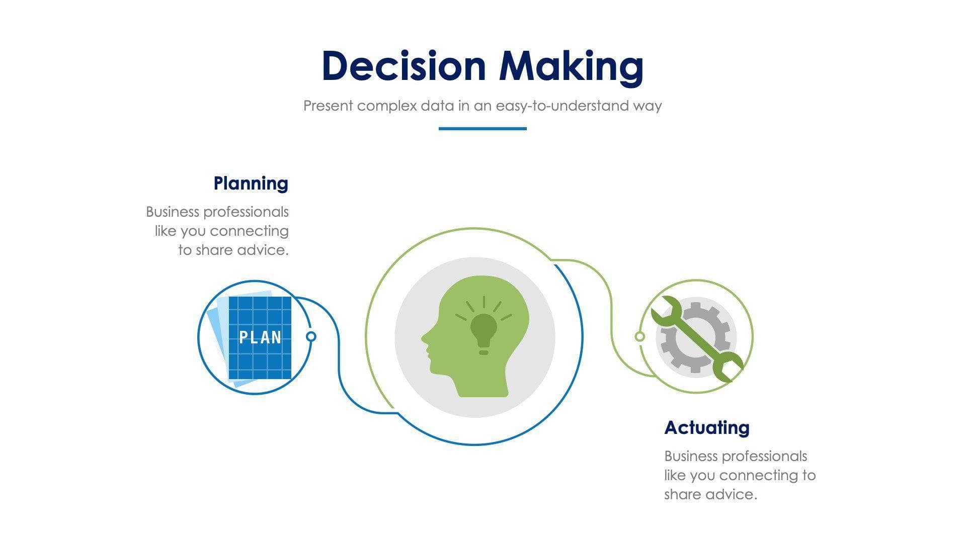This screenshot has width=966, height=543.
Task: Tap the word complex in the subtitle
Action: [x=387, y=106]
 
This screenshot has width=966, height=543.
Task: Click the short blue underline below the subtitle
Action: [x=482, y=129]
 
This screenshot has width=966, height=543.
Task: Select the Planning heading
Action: [x=251, y=183]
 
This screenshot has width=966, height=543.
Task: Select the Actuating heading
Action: [x=706, y=427]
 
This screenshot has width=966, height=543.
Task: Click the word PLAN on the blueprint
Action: [x=260, y=337]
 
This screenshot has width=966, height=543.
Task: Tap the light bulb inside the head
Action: [x=484, y=330]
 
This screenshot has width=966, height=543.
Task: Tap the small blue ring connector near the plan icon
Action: [x=311, y=336]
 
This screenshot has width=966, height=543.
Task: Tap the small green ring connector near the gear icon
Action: [x=639, y=336]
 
